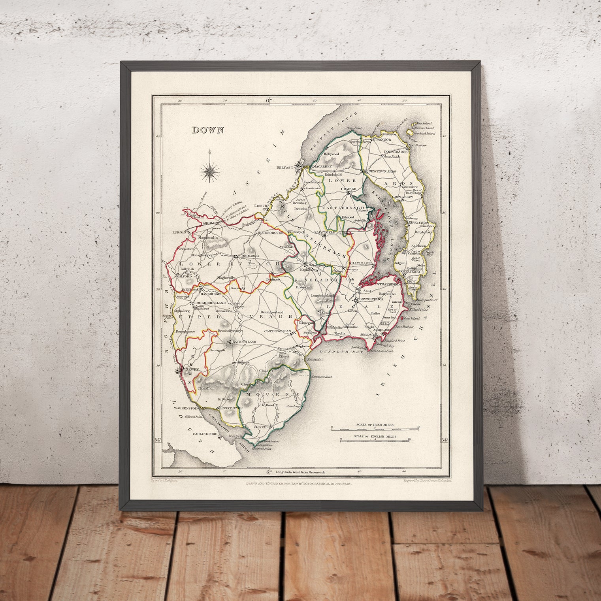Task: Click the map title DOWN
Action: tap(208, 130)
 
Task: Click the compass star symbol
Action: tap(210, 171)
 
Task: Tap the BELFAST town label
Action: tap(286, 167)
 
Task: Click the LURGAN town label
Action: tap(179, 233)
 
